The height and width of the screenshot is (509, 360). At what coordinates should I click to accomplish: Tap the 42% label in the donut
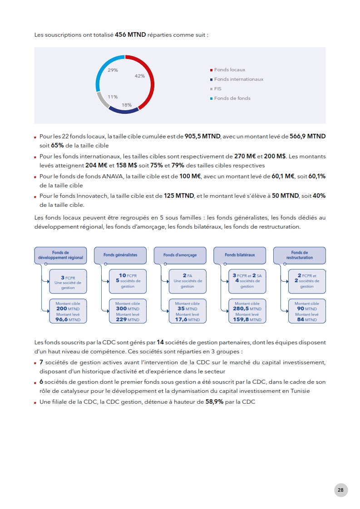click(x=140, y=76)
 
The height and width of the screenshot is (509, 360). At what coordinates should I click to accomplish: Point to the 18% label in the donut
click(x=127, y=105)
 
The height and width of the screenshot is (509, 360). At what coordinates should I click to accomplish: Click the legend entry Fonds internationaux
click(x=238, y=79)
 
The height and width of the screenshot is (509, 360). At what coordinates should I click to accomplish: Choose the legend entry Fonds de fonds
click(x=232, y=98)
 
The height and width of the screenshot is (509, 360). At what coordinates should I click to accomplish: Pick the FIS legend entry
click(x=218, y=89)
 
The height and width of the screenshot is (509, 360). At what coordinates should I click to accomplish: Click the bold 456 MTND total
click(x=130, y=34)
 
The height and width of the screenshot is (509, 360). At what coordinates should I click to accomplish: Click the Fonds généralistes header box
click(x=120, y=255)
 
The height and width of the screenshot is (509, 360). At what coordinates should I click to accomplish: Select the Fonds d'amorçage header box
click(x=180, y=255)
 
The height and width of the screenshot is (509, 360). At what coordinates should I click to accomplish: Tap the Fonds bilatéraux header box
click(x=240, y=255)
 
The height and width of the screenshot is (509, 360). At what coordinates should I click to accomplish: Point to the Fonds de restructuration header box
click(x=300, y=255)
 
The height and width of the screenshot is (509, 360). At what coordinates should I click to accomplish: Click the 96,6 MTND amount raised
click(x=68, y=319)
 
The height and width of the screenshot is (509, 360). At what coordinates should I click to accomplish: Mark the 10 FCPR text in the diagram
click(x=128, y=275)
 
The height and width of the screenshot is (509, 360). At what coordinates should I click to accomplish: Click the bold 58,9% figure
click(x=215, y=402)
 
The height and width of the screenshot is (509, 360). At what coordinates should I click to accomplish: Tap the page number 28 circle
click(x=340, y=490)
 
